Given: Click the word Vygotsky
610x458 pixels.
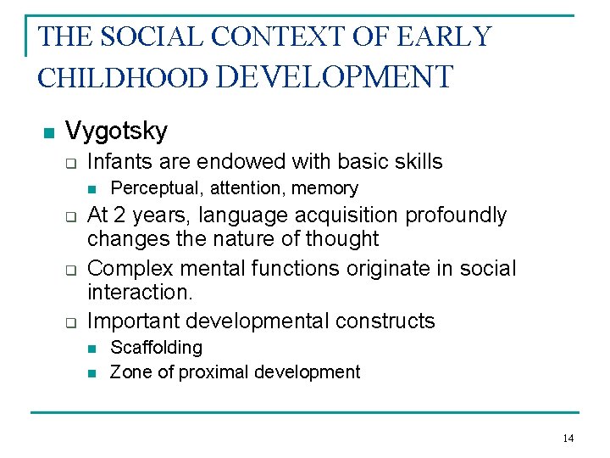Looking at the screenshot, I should pyautogui.click(x=116, y=131).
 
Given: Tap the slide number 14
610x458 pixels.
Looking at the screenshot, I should pyautogui.click(x=568, y=438).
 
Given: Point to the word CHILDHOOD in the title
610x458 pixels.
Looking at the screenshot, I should pyautogui.click(x=123, y=77).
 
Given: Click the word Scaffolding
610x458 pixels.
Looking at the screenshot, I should pyautogui.click(x=157, y=348).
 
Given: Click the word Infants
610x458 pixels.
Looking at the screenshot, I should pyautogui.click(x=119, y=161).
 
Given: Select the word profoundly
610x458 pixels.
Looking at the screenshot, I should pyautogui.click(x=456, y=215).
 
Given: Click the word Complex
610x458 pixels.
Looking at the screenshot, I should pyautogui.click(x=127, y=269).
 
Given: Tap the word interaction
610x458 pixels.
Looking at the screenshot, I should pyautogui.click(x=141, y=293).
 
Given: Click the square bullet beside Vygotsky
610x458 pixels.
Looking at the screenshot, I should pyautogui.click(x=47, y=132).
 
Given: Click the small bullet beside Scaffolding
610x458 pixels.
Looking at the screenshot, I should pyautogui.click(x=93, y=349).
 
